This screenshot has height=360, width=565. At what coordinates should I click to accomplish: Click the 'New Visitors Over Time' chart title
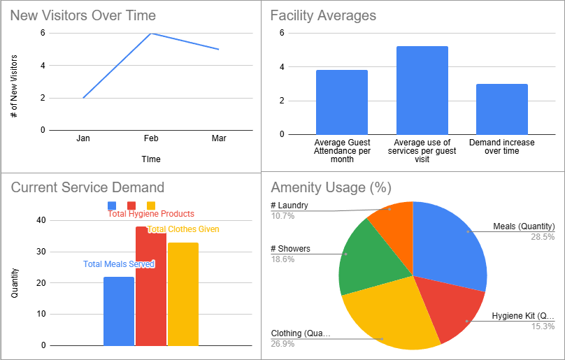83,15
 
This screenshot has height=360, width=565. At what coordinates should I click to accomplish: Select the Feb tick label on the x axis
151,138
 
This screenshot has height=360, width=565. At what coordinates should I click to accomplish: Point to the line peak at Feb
151,34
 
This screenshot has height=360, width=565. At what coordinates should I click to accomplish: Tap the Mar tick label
219,138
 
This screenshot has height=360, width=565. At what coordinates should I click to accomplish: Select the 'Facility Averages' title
323,15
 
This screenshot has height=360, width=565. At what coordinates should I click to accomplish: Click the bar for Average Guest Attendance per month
341,102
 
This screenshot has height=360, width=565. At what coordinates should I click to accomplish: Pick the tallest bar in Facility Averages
422,90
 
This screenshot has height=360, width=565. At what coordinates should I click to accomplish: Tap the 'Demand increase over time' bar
501,109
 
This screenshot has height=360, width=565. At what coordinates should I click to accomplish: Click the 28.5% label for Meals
543,237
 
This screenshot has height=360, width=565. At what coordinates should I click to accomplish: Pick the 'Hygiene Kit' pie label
527,316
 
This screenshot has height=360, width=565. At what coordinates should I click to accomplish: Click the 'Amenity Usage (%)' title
331,187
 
